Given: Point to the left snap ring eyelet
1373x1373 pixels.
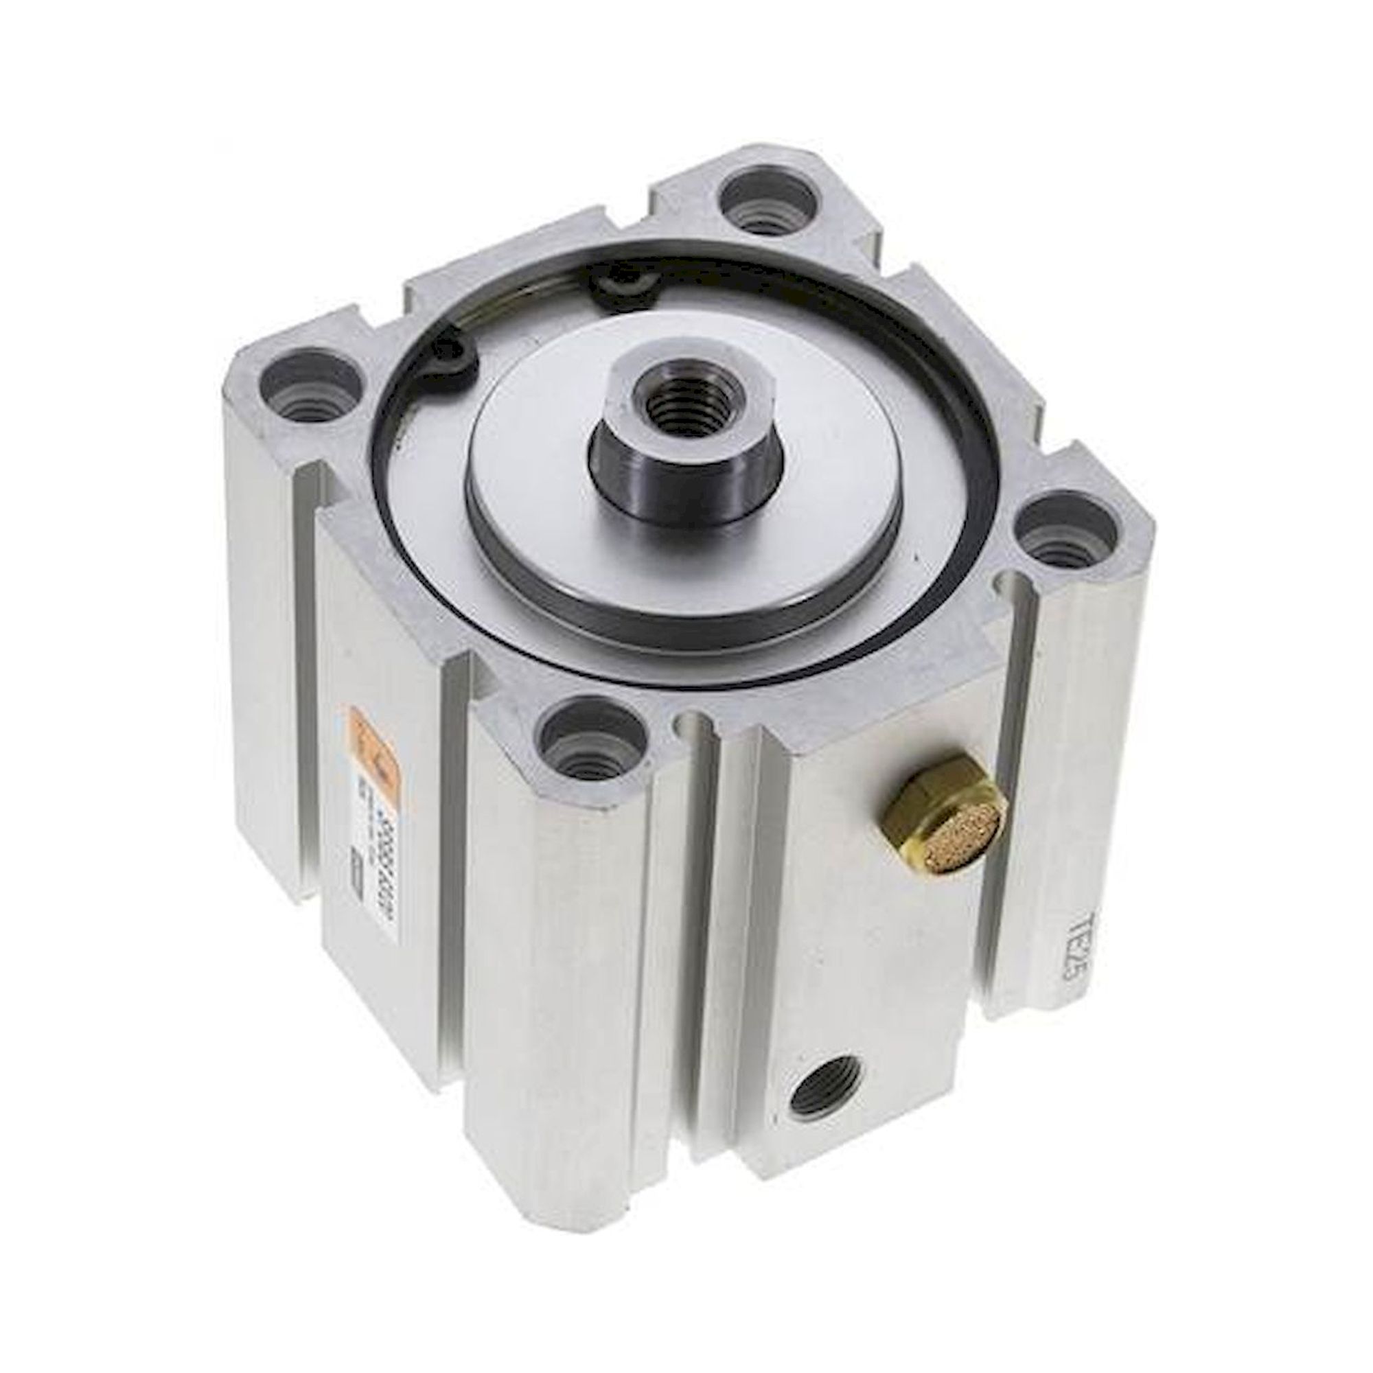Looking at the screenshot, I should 455,362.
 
